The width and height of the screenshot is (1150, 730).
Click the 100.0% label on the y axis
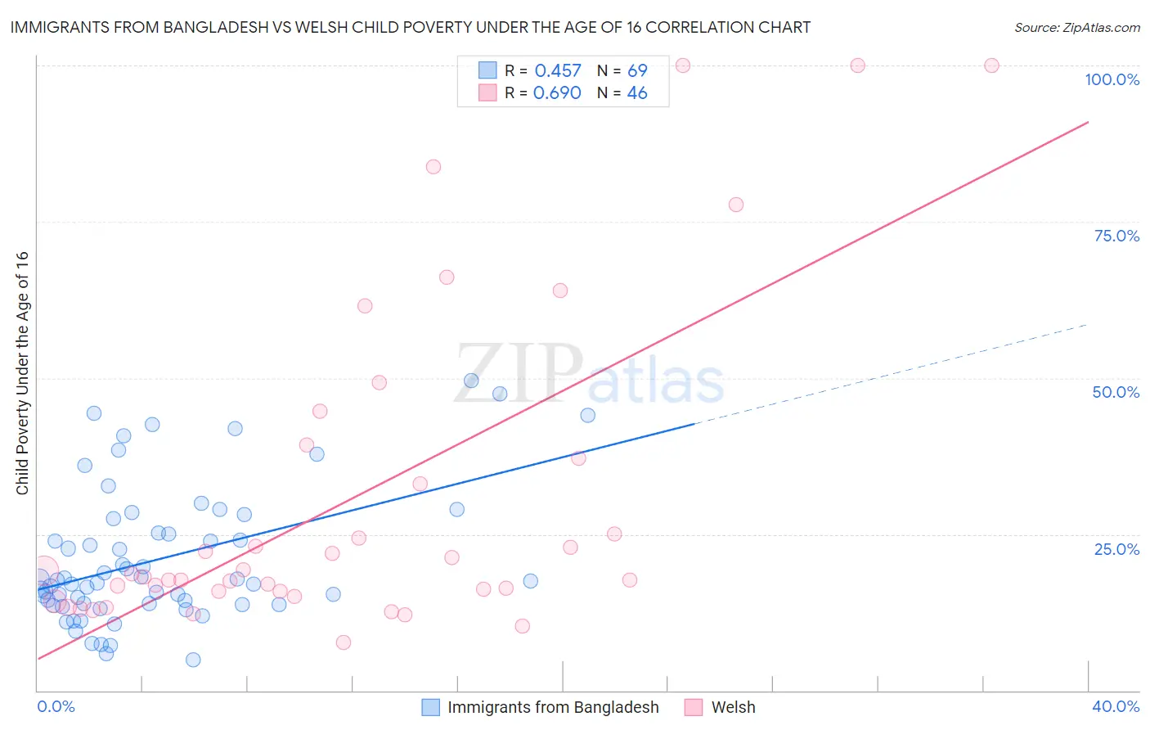[1112, 79]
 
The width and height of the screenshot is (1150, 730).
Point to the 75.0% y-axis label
[1116, 236]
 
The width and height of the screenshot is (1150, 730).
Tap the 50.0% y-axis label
[1116, 392]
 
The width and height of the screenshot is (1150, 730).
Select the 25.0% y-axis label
[1116, 549]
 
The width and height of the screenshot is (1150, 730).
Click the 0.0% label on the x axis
[56, 706]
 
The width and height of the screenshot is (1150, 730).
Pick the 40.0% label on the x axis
[1116, 706]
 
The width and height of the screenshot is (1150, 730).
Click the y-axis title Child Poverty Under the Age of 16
[22, 372]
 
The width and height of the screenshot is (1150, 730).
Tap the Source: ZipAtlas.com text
[1076, 27]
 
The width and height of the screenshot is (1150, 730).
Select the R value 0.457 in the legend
[558, 71]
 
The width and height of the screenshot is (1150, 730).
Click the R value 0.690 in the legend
[557, 93]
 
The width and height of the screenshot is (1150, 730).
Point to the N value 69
[637, 71]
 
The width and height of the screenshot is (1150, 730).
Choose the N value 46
[637, 93]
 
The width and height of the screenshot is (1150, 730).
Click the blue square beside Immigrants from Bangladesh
[430, 707]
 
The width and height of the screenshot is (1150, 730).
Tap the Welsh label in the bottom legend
[733, 707]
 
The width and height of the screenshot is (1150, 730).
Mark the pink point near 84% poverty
[433, 167]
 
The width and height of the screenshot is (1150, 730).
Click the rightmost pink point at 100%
[991, 65]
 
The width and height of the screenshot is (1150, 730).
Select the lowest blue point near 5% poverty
[193, 660]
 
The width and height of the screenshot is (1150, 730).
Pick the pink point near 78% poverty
[736, 205]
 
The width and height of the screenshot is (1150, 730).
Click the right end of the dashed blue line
[1087, 325]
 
